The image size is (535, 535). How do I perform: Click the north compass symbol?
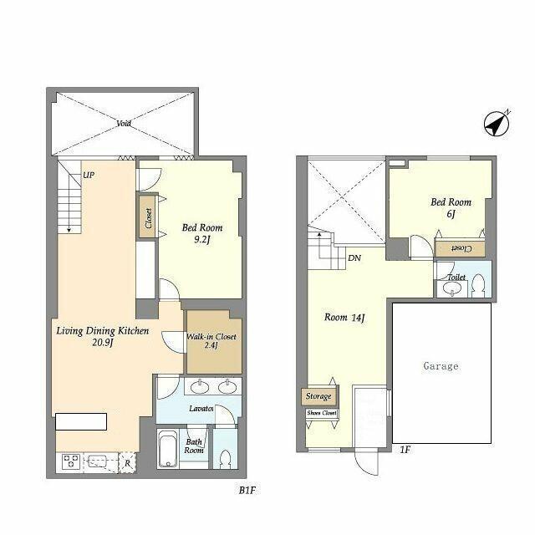click(497, 124)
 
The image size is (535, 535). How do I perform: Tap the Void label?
click(124, 123)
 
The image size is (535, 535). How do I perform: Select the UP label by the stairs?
click(88, 176)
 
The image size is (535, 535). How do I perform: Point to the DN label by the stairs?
click(354, 257)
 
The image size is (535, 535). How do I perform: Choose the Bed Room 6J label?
click(451, 207)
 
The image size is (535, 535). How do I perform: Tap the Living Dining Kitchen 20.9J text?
click(102, 337)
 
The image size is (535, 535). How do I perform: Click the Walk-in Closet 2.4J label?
click(212, 342)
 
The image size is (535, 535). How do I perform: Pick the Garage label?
click(441, 366)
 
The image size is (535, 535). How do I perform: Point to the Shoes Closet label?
click(321, 413)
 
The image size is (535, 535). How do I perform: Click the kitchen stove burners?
click(68, 461)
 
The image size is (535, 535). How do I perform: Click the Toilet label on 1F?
click(456, 277)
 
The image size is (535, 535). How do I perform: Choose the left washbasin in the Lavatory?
click(199, 386)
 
